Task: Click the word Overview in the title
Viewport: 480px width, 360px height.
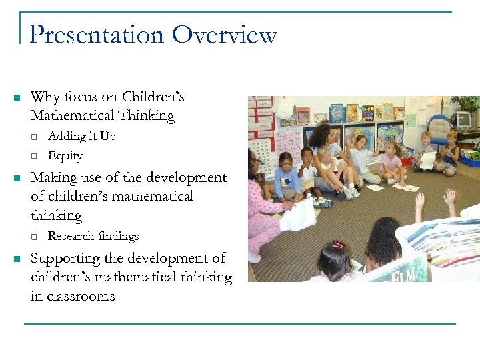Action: (225, 35)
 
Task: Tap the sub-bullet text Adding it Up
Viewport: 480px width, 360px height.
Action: (81, 137)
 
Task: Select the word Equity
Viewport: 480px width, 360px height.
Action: (65, 156)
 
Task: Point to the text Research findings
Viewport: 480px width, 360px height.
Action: (93, 236)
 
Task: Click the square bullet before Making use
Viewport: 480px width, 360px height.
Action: (17, 179)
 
